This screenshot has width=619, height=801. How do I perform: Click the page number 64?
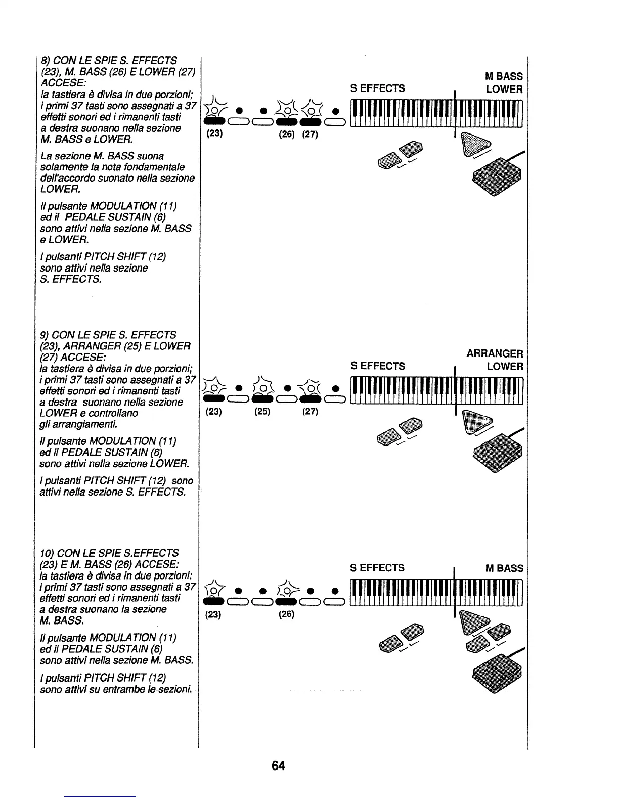click(278, 766)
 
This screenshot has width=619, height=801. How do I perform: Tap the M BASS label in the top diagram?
click(504, 76)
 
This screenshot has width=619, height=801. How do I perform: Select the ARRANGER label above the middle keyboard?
click(495, 353)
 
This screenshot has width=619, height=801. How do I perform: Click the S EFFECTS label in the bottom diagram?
click(377, 568)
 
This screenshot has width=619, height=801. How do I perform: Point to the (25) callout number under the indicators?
click(262, 411)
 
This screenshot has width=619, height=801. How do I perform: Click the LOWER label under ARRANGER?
click(505, 366)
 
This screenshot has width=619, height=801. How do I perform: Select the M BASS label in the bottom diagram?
click(504, 568)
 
